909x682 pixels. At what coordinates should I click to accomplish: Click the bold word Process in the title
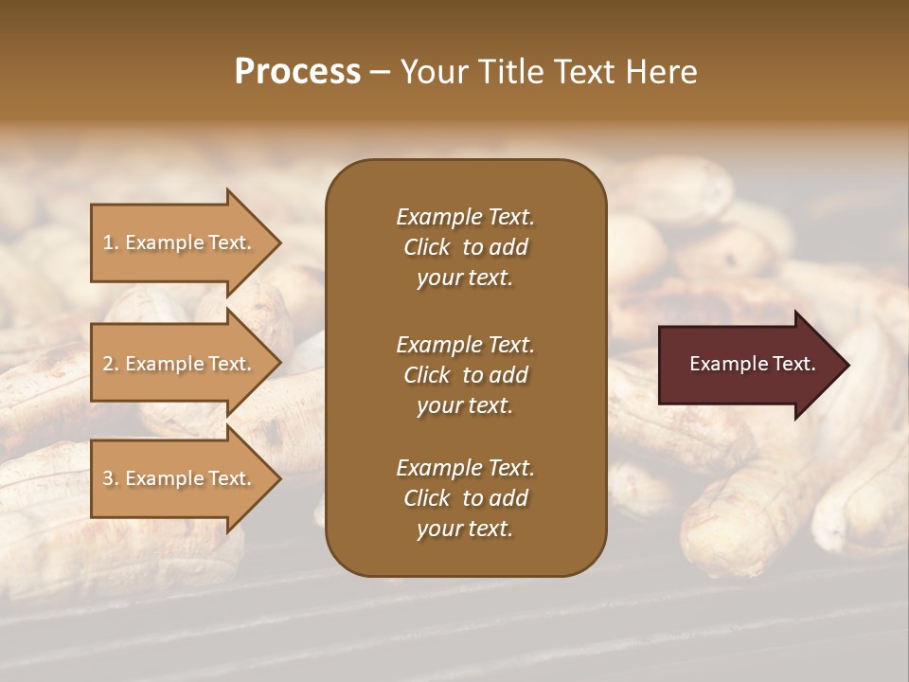click(297, 72)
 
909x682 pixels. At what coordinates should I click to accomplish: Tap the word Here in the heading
click(660, 72)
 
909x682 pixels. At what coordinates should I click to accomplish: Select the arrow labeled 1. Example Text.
click(180, 242)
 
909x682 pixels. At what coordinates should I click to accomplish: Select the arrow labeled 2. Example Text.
click(180, 364)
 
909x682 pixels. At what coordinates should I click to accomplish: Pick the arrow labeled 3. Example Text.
click(180, 478)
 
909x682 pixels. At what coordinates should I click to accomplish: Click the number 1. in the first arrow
click(112, 242)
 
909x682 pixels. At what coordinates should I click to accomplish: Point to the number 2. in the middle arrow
click(112, 364)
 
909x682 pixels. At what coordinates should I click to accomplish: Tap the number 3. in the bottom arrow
click(112, 478)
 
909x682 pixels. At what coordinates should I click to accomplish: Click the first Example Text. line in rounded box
click(465, 217)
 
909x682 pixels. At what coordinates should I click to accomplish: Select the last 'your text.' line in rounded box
click(465, 529)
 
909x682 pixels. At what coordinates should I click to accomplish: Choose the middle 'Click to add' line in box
click(465, 375)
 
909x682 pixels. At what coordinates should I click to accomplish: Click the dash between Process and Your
click(380, 72)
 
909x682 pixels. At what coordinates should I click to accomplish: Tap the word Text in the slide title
click(581, 72)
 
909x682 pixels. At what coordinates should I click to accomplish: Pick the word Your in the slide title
click(431, 72)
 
